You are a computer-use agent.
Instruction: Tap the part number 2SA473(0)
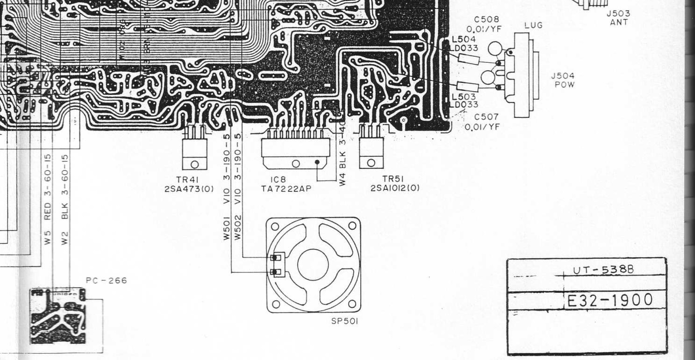click(x=189, y=189)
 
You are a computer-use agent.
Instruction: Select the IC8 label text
click(x=278, y=180)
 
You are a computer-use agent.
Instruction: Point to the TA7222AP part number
click(x=286, y=189)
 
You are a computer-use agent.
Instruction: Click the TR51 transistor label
click(x=393, y=179)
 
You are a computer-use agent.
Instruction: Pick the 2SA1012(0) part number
click(x=395, y=188)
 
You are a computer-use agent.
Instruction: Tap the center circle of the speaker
click(x=313, y=265)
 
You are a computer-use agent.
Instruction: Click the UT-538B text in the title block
click(x=603, y=270)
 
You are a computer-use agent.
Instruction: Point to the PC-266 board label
click(x=107, y=280)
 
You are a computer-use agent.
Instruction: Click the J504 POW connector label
click(x=563, y=80)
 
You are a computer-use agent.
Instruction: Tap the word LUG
click(x=534, y=26)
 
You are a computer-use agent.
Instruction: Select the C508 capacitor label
click(x=486, y=20)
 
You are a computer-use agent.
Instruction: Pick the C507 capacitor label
click(x=486, y=117)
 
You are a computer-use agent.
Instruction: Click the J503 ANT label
click(x=618, y=18)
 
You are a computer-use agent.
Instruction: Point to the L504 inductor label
click(x=464, y=39)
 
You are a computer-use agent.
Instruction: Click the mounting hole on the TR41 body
click(x=195, y=164)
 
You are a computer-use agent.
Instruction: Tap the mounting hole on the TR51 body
click(x=371, y=163)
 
